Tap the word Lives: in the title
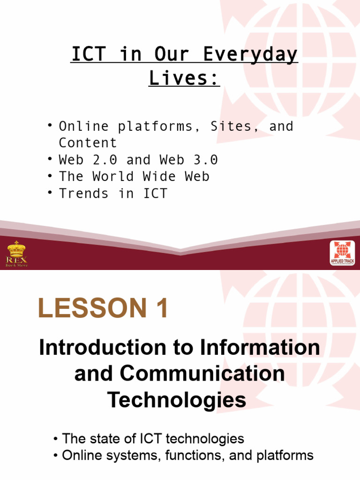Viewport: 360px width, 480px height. click(184, 78)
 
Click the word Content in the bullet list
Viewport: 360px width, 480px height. click(88, 143)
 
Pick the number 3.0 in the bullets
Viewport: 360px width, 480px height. click(201, 160)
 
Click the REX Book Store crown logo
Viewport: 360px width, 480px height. click(17, 253)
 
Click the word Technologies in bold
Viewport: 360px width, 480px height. click(177, 400)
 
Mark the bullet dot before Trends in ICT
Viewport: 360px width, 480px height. click(50, 194)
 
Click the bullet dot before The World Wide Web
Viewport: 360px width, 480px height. click(50, 177)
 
